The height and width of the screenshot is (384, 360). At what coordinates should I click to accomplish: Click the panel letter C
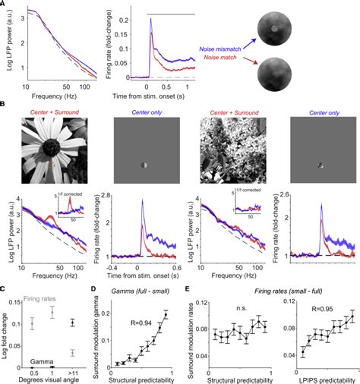[x=5, y=287]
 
